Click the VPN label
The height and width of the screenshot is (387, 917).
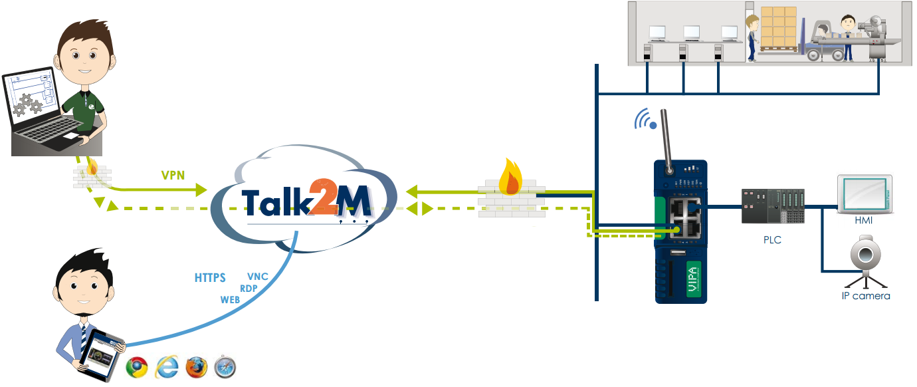tap(173, 176)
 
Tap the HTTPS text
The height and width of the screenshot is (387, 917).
tap(210, 277)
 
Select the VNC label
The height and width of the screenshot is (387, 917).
tap(257, 277)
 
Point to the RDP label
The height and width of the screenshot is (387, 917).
tap(249, 289)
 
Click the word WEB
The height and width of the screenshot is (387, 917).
tap(230, 300)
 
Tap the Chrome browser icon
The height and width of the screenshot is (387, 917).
tap(137, 367)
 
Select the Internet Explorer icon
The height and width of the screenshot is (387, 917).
tap(166, 367)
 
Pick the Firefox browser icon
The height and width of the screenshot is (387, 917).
tap(197, 367)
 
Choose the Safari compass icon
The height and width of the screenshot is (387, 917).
tap(225, 367)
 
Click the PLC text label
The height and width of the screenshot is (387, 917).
tap(772, 240)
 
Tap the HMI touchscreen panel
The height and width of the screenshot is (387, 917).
tap(863, 193)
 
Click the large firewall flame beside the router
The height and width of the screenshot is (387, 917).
tap(512, 176)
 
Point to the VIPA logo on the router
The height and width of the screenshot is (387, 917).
tap(692, 280)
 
